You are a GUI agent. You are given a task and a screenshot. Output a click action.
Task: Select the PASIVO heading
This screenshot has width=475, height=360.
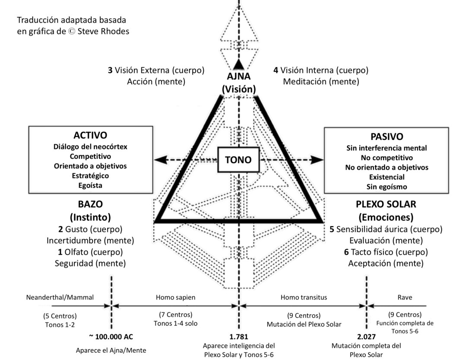386,137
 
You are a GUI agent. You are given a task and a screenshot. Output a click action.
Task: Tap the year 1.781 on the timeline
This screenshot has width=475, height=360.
239,336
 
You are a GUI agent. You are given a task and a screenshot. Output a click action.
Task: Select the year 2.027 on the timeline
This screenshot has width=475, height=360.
366,336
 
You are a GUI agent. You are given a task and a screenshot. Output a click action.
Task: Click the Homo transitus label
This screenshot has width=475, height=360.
304,297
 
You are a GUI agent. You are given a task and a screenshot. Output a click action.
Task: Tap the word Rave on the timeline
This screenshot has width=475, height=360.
404,297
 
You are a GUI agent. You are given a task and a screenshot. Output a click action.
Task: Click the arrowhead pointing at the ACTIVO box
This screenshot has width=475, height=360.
160,160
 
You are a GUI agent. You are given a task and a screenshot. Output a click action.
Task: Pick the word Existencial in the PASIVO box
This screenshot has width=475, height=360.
387,177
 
